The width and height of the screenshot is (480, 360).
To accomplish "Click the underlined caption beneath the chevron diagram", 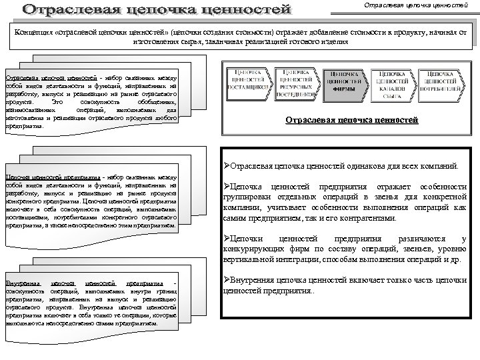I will [x=351, y=121].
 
